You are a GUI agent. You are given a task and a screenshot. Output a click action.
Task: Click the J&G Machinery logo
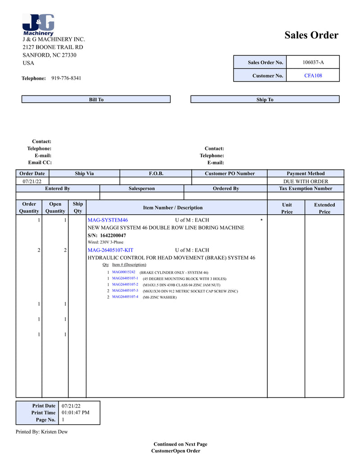tap(38, 25)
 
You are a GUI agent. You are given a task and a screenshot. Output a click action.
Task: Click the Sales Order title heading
tap(311, 35)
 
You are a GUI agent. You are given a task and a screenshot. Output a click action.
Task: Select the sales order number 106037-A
tap(313, 62)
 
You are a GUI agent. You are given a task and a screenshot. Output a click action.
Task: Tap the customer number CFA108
tap(313, 76)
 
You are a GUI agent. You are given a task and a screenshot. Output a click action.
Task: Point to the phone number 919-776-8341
tap(66, 78)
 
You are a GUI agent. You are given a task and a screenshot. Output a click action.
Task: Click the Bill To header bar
tap(96, 100)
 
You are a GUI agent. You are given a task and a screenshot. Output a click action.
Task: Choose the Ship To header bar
tap(265, 100)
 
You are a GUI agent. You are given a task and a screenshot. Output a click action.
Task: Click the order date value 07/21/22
tap(32, 181)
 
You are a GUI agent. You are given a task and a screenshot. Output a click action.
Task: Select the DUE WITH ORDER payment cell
tap(306, 181)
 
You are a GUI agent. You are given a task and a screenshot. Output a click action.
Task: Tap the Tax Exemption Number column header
tap(306, 189)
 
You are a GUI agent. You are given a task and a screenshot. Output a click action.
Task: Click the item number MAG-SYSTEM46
tap(108, 220)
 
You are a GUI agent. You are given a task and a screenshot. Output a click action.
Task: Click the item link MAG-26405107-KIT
tap(110, 250)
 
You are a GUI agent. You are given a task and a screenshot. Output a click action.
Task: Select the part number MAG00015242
tap(123, 272)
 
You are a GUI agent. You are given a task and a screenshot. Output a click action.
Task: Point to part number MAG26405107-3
tap(125, 291)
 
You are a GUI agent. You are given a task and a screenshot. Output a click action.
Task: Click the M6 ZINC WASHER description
tap(160, 297)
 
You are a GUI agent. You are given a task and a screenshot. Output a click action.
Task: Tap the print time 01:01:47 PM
tap(75, 412)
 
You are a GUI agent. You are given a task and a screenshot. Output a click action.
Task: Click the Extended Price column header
tap(324, 208)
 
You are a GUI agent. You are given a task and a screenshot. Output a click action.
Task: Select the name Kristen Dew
tap(54, 432)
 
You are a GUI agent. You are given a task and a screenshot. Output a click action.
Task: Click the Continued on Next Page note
tap(180, 444)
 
